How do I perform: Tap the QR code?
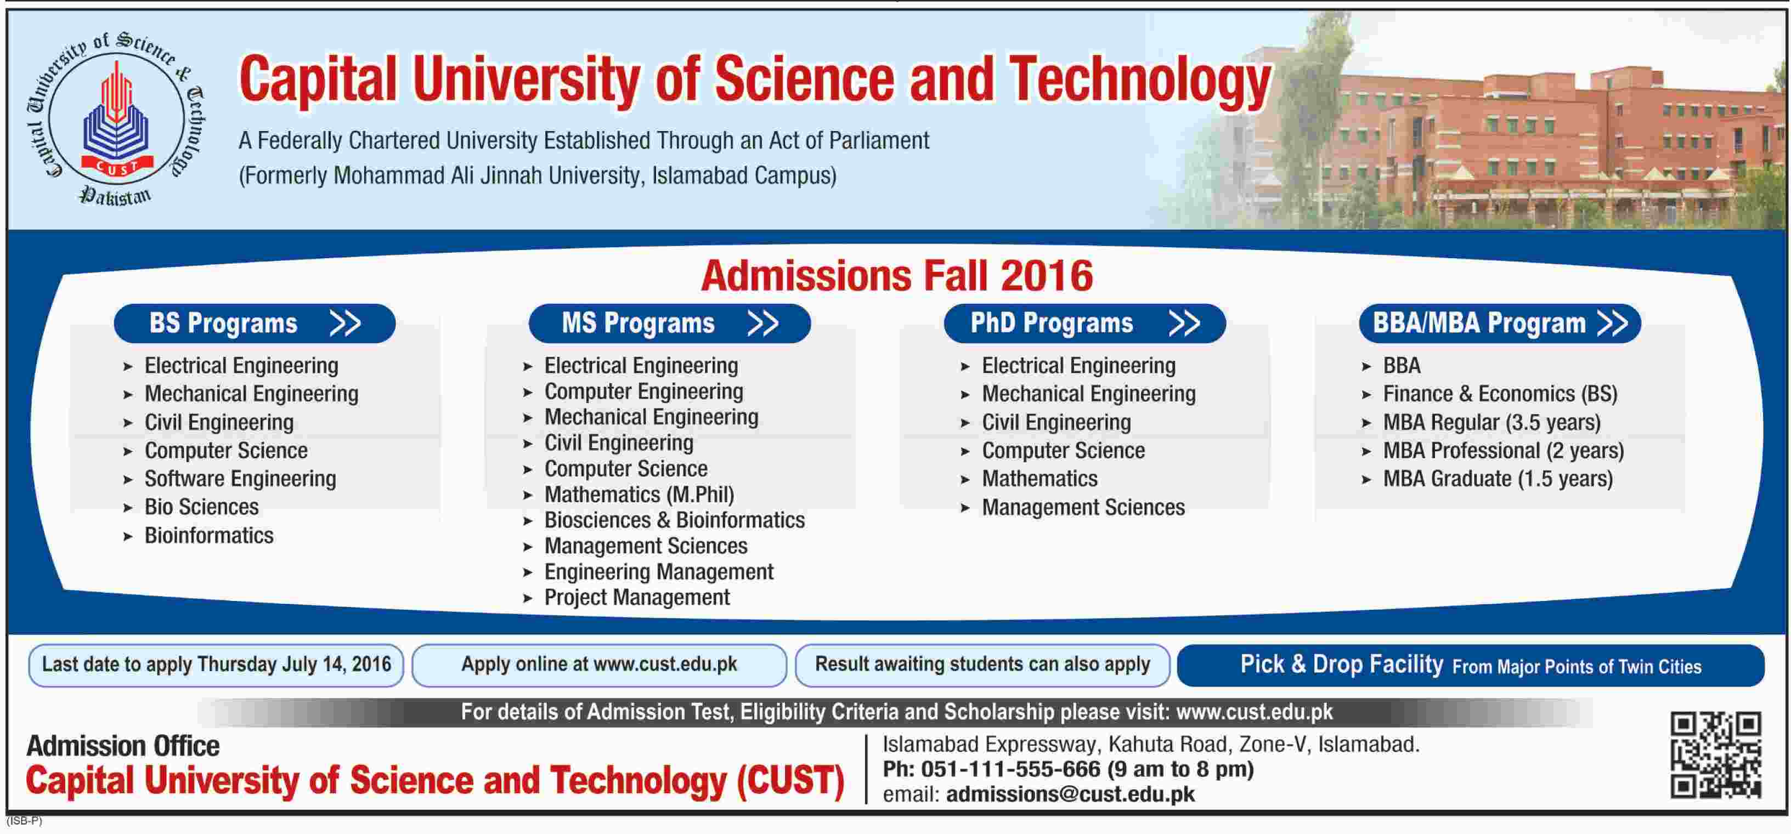pos(1716,755)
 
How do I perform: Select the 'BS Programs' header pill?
pos(255,323)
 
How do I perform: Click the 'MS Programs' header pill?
pos(670,323)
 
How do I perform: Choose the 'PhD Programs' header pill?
pos(1084,323)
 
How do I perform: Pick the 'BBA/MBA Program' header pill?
pos(1500,323)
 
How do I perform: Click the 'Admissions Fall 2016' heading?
pos(897,276)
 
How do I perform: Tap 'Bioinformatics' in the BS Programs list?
pos(208,535)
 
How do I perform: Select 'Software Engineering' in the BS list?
pos(240,479)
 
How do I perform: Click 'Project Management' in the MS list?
pos(637,598)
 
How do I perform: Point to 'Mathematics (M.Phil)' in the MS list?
pos(639,494)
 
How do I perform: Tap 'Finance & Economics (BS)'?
pos(1500,394)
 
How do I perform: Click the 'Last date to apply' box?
pos(216,665)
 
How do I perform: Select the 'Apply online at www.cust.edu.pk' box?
pos(600,665)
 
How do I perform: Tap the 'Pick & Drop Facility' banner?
pos(1471,665)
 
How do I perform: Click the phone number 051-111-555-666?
pos(1011,769)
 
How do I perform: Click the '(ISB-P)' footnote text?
pos(24,821)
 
